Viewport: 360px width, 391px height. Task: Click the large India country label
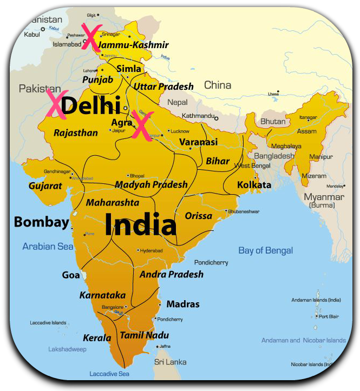pyautogui.click(x=140, y=224)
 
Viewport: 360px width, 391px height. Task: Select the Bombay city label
pyautogui.click(x=42, y=222)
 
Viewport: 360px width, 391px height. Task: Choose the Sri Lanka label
pyautogui.click(x=171, y=362)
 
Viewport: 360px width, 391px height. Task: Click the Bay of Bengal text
pyautogui.click(x=265, y=250)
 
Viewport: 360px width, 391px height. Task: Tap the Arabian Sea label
pyautogui.click(x=48, y=247)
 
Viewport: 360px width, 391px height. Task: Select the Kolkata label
pyautogui.click(x=254, y=185)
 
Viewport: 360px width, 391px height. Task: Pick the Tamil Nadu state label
pyautogui.click(x=144, y=335)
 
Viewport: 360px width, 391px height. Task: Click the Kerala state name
pyautogui.click(x=97, y=338)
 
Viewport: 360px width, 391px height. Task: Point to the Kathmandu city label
pyautogui.click(x=197, y=116)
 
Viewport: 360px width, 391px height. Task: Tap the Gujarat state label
pyautogui.click(x=45, y=186)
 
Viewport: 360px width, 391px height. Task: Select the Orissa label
pyautogui.click(x=198, y=216)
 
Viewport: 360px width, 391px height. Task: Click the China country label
pyautogui.click(x=218, y=85)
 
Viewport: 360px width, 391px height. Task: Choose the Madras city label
pyautogui.click(x=182, y=304)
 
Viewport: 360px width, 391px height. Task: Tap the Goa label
pyautogui.click(x=71, y=275)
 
